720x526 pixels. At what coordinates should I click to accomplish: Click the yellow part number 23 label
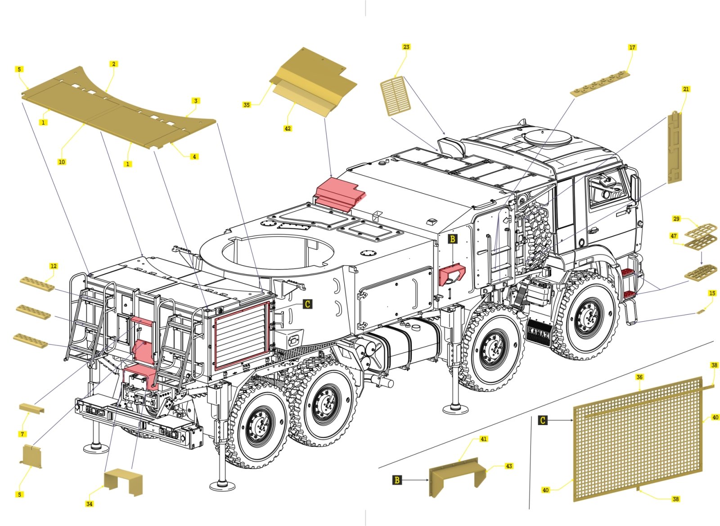click(406, 47)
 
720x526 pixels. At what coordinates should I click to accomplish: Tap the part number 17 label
click(632, 47)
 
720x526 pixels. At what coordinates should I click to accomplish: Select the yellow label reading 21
click(686, 89)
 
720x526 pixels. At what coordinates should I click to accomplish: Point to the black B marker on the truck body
click(453, 239)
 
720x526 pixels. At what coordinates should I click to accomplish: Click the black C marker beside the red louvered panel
click(307, 304)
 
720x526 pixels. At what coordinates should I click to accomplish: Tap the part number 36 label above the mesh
click(639, 377)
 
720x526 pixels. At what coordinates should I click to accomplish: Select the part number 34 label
click(90, 504)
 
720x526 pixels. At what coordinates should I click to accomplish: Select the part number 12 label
click(54, 266)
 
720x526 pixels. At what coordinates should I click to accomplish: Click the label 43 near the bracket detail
click(509, 466)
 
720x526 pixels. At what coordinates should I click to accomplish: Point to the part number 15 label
click(712, 293)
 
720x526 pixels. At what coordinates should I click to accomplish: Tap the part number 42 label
click(288, 129)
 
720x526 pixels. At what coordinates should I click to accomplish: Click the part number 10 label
click(62, 162)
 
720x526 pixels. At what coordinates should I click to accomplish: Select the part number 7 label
click(22, 434)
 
